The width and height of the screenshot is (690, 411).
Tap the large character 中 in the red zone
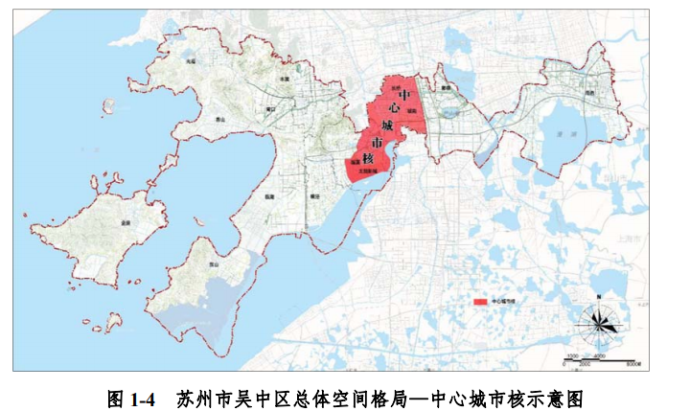[x=404, y=96]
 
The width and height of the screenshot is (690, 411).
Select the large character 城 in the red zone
[x=387, y=126]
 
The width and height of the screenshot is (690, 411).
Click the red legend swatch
[x=480, y=301]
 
